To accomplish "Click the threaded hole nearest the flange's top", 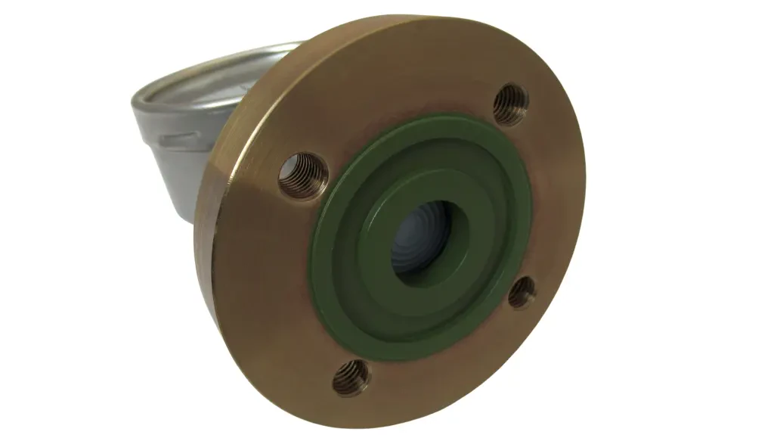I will (511, 104).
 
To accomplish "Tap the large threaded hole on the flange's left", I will (303, 175).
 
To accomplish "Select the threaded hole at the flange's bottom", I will (351, 376).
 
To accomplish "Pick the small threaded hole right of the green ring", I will (522, 292).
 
